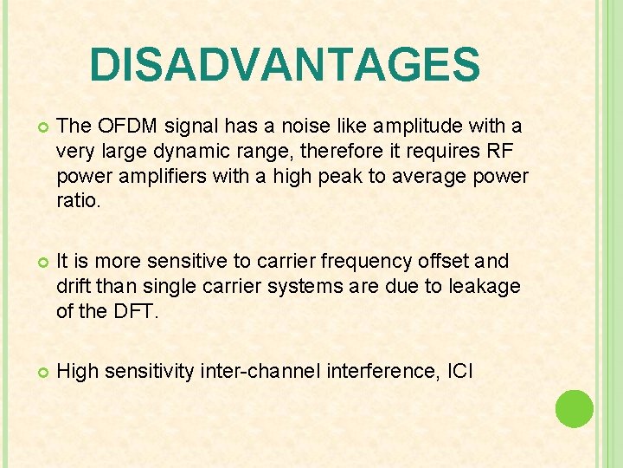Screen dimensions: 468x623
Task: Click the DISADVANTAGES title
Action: click(x=284, y=65)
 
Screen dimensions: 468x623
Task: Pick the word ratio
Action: click(x=77, y=201)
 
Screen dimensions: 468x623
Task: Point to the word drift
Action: click(x=74, y=286)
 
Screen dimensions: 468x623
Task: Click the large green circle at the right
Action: click(x=574, y=409)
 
